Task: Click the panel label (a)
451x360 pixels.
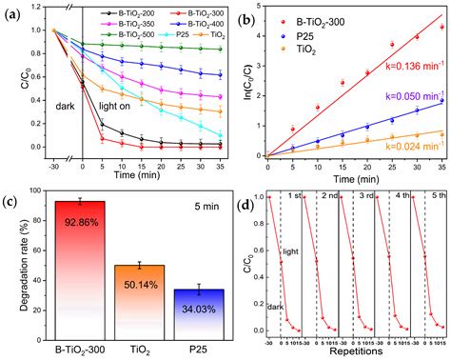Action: point(17,14)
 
